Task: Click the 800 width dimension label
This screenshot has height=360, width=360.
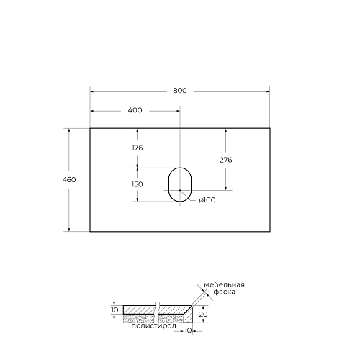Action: pyautogui.click(x=180, y=91)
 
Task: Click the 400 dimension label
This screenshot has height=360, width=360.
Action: pyautogui.click(x=135, y=110)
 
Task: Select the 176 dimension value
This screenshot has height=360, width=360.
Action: pyautogui.click(x=137, y=148)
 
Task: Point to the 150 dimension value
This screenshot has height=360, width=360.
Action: pyautogui.click(x=137, y=184)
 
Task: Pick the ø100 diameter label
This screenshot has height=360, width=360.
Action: pyautogui.click(x=207, y=199)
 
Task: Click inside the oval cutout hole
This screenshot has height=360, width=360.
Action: pyautogui.click(x=179, y=185)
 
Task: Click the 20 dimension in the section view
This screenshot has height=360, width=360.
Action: pyautogui.click(x=204, y=315)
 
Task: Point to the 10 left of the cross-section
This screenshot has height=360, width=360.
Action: pyautogui.click(x=114, y=310)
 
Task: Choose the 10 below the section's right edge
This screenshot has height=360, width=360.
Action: pyautogui.click(x=189, y=332)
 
